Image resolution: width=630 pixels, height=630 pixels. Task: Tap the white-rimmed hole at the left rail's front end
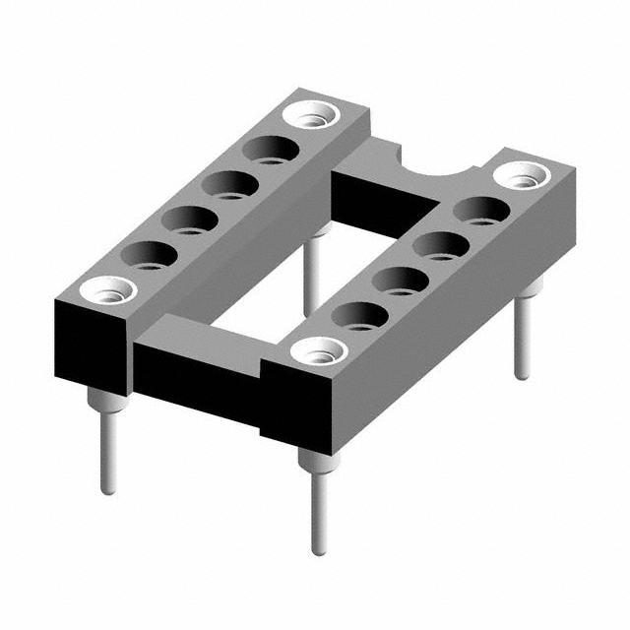[x=107, y=290]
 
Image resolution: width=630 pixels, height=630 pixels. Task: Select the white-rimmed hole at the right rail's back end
[x=522, y=176]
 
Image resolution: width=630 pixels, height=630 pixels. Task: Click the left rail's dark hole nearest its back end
[x=269, y=151]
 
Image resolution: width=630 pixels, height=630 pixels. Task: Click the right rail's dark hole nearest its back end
[x=482, y=211]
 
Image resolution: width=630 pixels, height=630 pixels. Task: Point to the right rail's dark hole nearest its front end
[x=361, y=315]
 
